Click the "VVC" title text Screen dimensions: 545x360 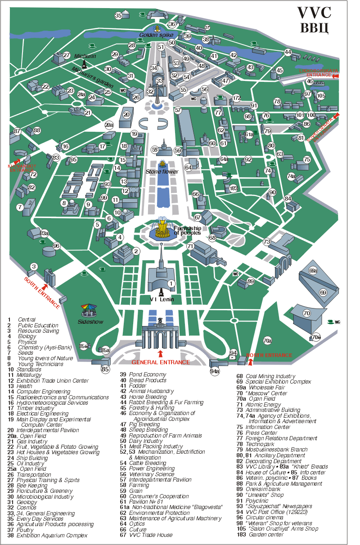click(x=315, y=12)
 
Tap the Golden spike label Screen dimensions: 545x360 click(x=153, y=35)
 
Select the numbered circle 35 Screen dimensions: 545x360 click(x=118, y=16)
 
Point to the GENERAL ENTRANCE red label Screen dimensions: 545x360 click(x=160, y=362)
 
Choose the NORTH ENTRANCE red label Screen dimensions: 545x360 click(x=269, y=355)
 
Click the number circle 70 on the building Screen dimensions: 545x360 click(x=307, y=313)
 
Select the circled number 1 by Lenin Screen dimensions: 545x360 click(x=171, y=284)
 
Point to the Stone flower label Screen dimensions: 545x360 click(x=162, y=172)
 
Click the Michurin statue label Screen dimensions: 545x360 click(x=85, y=56)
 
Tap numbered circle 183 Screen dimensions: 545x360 click(x=233, y=188)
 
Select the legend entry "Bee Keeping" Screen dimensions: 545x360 click(x=33, y=486)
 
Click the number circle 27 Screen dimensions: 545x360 click(x=67, y=55)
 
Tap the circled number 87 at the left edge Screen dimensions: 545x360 click(x=18, y=131)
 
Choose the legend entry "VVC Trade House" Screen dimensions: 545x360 click(x=150, y=535)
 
